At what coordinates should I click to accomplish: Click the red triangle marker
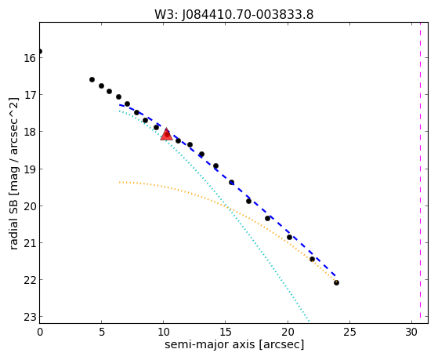click(166, 135)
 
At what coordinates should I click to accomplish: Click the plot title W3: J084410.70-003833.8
click(234, 15)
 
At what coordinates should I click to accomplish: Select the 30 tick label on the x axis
click(411, 332)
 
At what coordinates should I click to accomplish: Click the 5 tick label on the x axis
click(102, 332)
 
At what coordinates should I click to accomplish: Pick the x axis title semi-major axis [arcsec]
click(234, 344)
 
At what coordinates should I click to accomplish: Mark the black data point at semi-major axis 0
click(40, 51)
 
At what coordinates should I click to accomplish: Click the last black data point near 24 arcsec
click(336, 283)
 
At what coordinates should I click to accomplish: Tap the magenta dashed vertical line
click(420, 173)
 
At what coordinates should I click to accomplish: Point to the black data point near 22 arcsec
click(312, 260)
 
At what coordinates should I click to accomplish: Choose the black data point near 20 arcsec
click(289, 237)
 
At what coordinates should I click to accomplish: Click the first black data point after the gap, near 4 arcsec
click(92, 80)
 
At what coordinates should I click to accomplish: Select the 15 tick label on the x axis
click(226, 332)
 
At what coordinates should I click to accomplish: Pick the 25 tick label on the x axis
click(349, 332)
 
